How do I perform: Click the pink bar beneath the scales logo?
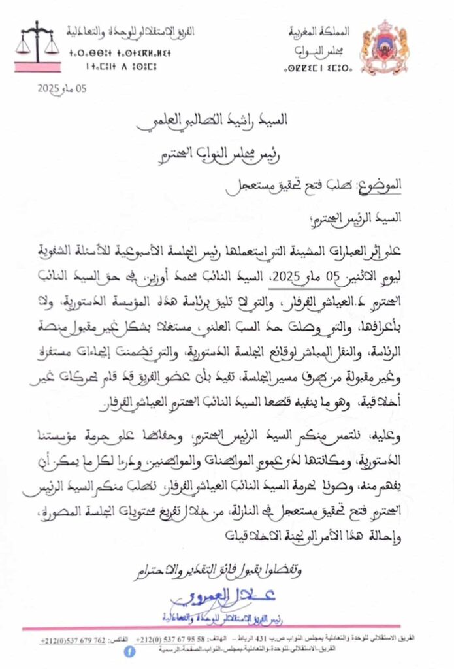(37, 67)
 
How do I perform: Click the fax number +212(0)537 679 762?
(73, 638)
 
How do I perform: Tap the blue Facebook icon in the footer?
(129, 651)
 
